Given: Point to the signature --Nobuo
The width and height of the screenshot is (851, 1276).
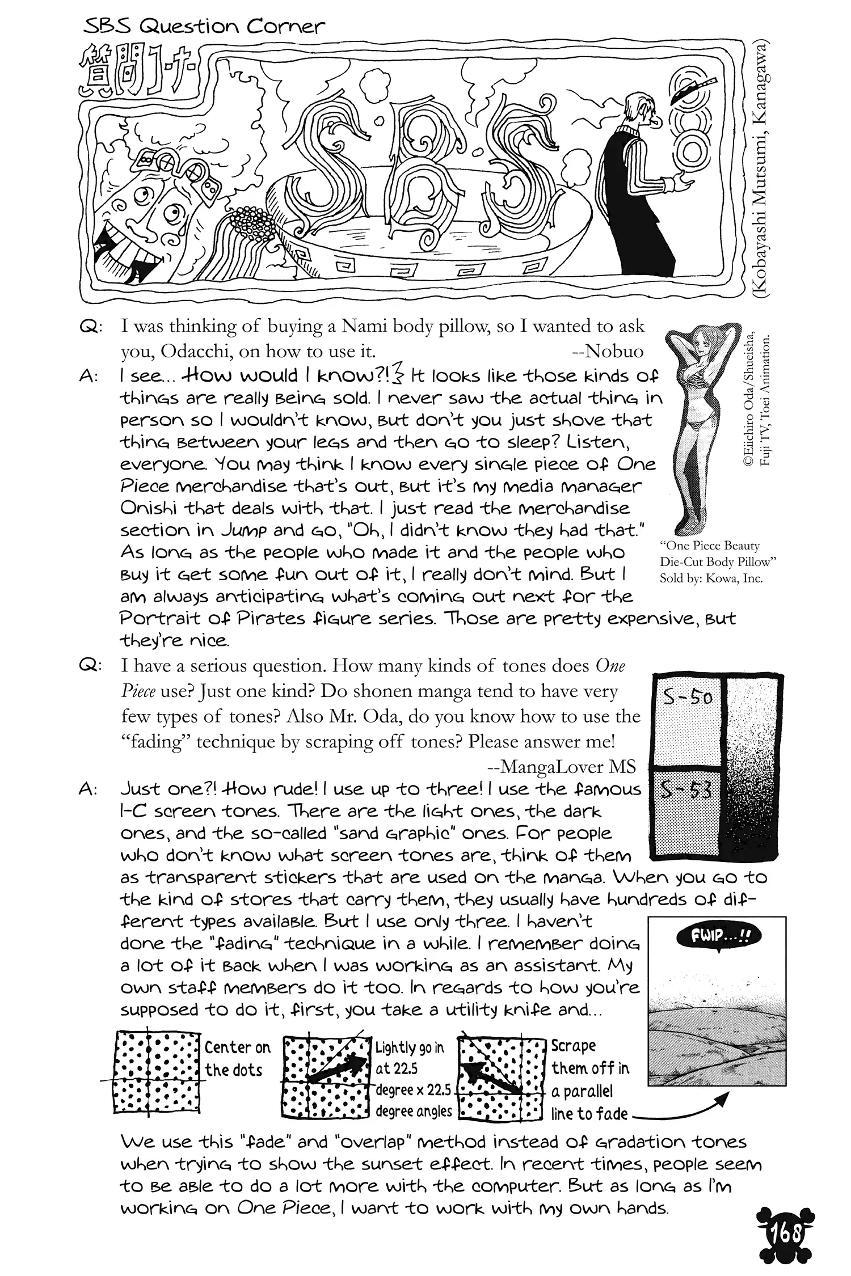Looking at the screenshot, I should coord(608,352).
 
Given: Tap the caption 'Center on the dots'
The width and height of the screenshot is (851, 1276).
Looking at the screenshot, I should coord(237,1059).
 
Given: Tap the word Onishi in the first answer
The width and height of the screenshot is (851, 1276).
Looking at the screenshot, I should coord(148,509).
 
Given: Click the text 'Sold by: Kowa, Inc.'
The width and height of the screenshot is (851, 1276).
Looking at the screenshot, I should coord(711,578).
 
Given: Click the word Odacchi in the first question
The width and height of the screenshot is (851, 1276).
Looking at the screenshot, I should coord(196,352).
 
